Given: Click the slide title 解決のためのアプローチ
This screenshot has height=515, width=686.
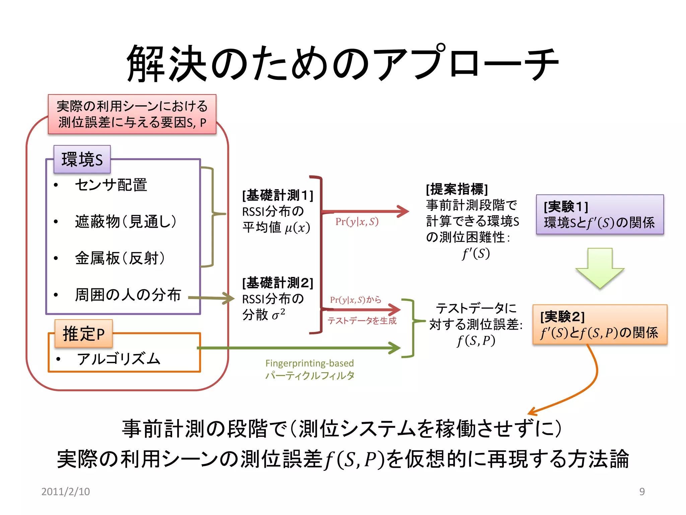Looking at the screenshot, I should point(342,64).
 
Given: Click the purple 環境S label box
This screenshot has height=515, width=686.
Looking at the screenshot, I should point(82,159).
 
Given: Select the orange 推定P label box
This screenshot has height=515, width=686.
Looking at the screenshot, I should point(84,334).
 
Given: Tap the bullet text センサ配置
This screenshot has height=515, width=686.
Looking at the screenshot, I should point(111,185).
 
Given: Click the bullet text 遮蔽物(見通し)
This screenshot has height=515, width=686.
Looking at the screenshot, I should point(126,221).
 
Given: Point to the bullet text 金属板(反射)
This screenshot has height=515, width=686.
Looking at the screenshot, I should point(120,258).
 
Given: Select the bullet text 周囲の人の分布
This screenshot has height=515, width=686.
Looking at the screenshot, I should point(128,295).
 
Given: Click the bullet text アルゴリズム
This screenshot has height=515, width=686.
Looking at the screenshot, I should point(119,359).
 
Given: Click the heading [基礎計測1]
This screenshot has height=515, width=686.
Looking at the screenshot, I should point(278,195).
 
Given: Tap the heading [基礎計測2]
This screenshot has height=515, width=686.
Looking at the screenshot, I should point(278,283).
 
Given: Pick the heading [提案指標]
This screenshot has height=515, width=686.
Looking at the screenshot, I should point(457,189).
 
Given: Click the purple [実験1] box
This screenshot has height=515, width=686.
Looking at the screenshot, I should point(600,215).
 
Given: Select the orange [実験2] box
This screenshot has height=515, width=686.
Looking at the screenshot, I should point(600,325).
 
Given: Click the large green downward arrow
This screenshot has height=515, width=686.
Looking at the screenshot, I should point(600,268).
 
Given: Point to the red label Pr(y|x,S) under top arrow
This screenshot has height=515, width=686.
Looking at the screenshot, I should point(357,222).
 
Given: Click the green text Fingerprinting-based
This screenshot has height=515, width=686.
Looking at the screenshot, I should point(310,363).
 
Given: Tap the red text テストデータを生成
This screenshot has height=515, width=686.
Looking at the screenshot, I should point(362,321).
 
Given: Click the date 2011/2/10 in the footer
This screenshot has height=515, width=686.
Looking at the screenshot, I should point(66,492).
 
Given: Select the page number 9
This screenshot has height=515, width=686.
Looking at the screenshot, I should point(642,492).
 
